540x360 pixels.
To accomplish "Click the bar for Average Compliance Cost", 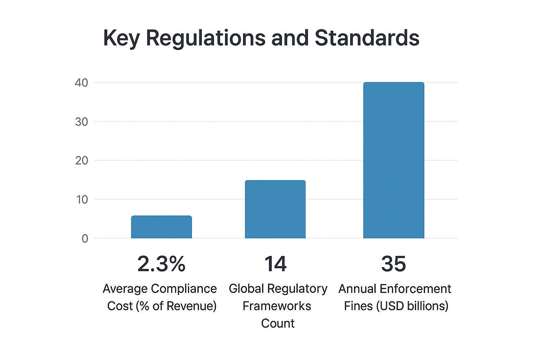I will (161, 227).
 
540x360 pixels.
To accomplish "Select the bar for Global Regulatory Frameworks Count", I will (275, 210).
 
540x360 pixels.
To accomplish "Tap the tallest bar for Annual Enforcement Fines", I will (393, 160).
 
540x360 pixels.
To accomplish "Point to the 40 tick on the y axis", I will (81, 83).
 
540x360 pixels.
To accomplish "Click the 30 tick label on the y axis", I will (81, 122).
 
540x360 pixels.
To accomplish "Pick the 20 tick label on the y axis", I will (81, 161).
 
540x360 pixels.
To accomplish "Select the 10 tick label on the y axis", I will (81, 200).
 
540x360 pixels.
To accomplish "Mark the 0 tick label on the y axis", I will (85, 239).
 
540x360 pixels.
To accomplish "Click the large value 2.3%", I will (161, 264).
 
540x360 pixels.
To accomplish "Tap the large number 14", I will (276, 264).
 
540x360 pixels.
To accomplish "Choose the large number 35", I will (393, 264).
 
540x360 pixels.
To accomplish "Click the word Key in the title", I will (122, 38).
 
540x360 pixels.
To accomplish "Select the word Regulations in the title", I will (206, 38).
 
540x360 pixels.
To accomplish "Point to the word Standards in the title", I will (367, 38).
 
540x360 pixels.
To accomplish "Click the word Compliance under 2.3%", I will (184, 289).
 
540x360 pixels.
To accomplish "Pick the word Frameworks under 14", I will (277, 306).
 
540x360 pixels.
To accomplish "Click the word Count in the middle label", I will (278, 323).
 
